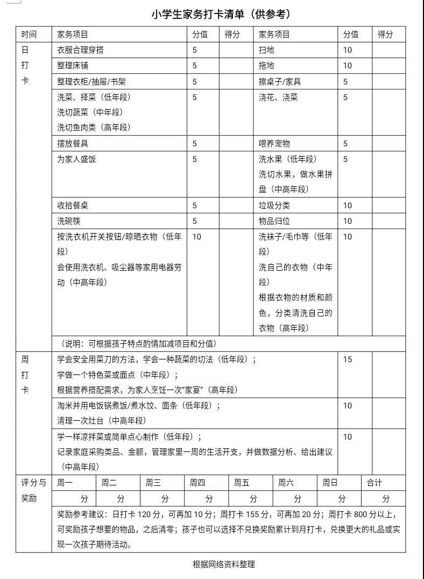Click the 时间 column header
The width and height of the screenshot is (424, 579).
click(29, 34)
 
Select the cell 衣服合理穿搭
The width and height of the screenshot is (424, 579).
click(81, 50)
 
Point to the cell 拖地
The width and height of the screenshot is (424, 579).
click(266, 66)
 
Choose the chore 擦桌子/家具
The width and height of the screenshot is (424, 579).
click(280, 82)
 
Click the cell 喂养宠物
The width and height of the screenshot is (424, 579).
click(274, 144)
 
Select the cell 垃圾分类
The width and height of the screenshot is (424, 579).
click(274, 206)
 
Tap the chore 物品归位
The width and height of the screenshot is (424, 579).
click(274, 221)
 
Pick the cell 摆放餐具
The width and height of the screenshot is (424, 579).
click(73, 144)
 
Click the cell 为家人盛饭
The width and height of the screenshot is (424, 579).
click(76, 159)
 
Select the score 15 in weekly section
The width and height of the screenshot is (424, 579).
click(348, 359)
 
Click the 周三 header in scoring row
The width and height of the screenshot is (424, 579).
click(153, 483)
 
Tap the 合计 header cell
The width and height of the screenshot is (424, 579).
click(374, 483)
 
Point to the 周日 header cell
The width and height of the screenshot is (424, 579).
click(330, 483)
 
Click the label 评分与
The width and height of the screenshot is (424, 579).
click(33, 483)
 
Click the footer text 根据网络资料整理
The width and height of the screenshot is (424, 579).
click(224, 564)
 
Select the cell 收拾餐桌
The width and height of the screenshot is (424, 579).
click(73, 206)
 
